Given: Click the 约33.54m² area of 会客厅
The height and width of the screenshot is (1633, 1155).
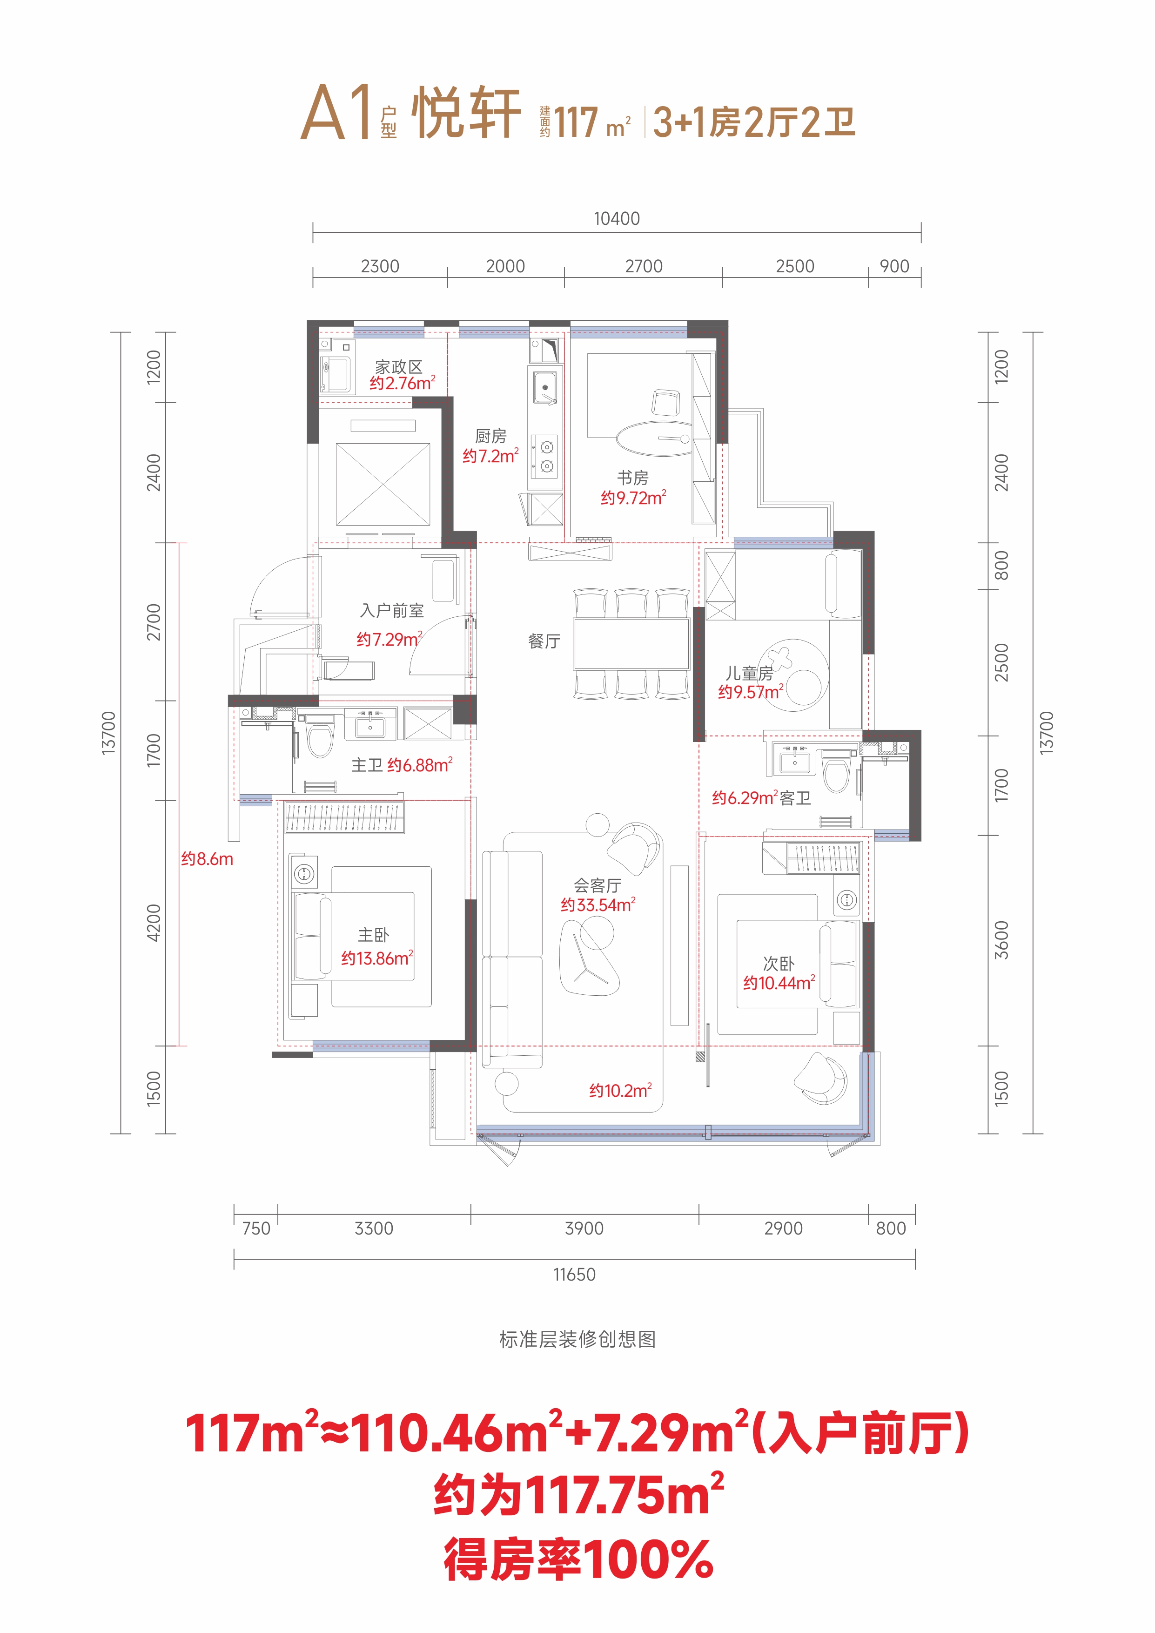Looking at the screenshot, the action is (x=598, y=904).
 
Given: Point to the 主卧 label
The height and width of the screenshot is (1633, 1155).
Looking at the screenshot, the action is (x=373, y=935).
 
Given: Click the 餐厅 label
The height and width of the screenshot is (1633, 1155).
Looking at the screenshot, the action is (x=544, y=641).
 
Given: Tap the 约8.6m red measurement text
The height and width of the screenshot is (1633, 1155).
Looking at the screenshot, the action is (x=207, y=859).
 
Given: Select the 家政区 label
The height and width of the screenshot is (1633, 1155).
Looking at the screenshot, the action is (x=399, y=366).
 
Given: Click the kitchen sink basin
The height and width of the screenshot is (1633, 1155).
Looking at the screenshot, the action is (x=545, y=388).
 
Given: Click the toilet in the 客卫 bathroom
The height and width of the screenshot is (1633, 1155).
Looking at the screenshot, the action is (x=836, y=771).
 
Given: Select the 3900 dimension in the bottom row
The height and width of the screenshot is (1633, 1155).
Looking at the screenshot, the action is (x=584, y=1228).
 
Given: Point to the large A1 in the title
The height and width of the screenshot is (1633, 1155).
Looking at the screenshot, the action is (x=336, y=112).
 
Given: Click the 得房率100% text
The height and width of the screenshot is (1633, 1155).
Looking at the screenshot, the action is (x=578, y=1559).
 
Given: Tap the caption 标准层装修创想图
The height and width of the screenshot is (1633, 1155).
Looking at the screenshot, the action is (x=577, y=1339).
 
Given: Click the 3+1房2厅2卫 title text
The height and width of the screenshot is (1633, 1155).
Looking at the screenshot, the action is (x=754, y=121).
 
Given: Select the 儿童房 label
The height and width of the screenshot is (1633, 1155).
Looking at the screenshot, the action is (x=749, y=673).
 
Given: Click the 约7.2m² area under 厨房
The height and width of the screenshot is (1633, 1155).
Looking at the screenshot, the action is (x=491, y=456).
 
